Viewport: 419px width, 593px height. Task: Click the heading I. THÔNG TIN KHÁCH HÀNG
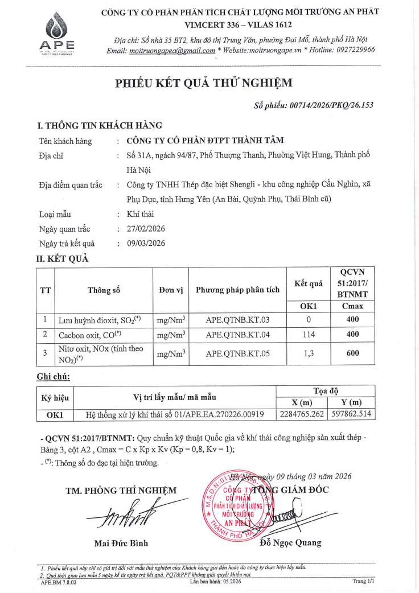pyautogui.click(x=100, y=125)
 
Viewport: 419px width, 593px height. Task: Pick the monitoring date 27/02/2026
pyautogui.click(x=145, y=229)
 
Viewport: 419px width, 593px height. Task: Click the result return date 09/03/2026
pyautogui.click(x=145, y=244)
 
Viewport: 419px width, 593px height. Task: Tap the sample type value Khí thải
pyautogui.click(x=140, y=214)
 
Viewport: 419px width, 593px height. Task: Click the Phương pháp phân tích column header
pyautogui.click(x=237, y=290)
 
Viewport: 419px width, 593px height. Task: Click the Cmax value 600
pyautogui.click(x=352, y=353)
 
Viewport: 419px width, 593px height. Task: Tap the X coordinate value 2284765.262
pyautogui.click(x=302, y=414)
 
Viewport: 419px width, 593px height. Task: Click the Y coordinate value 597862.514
pyautogui.click(x=352, y=414)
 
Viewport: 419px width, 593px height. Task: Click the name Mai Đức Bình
pyautogui.click(x=121, y=543)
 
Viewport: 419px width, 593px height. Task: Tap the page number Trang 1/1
pyautogui.click(x=364, y=582)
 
